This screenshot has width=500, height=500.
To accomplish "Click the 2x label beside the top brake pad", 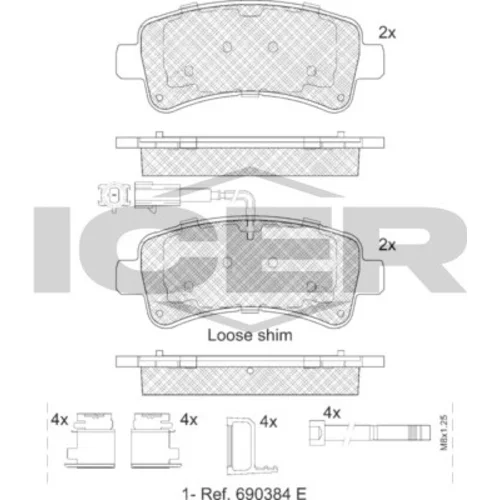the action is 387,33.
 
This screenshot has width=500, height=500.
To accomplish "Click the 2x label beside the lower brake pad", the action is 387,245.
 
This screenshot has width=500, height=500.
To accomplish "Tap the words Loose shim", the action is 250,335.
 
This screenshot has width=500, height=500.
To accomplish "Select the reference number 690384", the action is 265,493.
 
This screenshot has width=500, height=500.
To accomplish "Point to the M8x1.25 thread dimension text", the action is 444,432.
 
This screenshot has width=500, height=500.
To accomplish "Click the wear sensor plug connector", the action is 114,196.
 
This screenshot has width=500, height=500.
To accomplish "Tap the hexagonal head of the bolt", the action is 316,432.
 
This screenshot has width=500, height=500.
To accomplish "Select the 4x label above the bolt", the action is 332,413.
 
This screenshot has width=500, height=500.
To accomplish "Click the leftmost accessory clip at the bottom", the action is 90,440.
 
